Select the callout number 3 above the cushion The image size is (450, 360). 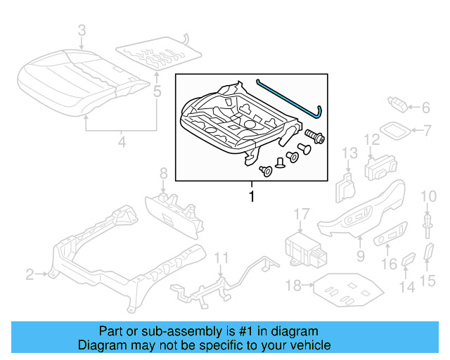point(82,31)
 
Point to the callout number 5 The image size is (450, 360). point(157,91)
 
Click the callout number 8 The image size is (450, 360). point(162,173)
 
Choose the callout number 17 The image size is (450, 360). point(301,214)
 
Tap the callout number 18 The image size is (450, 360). point(295,285)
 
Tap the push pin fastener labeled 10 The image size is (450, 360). point(427,224)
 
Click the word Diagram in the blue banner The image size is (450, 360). point(98,345)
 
